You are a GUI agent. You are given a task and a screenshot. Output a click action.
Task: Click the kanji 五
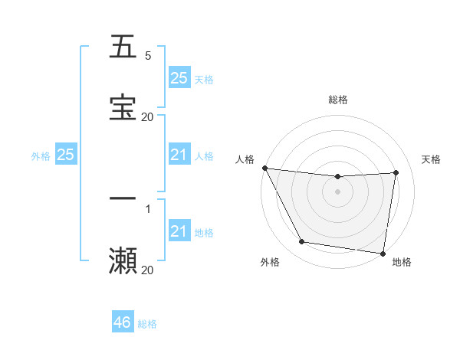click(123, 47)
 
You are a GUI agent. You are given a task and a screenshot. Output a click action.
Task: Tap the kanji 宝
click(123, 106)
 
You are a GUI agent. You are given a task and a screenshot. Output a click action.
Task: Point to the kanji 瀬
click(123, 260)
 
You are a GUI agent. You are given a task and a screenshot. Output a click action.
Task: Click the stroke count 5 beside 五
click(147, 56)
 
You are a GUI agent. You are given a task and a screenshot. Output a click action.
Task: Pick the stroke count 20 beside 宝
click(147, 116)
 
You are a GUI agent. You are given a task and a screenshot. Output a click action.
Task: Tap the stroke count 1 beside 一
click(147, 208)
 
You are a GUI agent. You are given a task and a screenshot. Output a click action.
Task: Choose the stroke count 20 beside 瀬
click(147, 270)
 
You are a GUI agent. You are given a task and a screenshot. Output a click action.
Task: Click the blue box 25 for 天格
click(179, 78)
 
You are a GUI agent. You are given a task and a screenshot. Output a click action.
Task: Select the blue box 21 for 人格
click(179, 155)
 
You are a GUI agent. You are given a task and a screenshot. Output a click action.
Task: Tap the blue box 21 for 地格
click(179, 231)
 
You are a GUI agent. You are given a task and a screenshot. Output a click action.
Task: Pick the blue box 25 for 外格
click(65, 155)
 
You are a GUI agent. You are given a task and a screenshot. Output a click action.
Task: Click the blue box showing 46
click(123, 323)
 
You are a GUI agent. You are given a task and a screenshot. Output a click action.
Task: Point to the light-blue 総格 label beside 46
click(147, 324)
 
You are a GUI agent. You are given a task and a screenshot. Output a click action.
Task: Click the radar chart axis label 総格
click(338, 100)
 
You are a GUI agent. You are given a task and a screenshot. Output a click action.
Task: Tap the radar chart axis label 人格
click(245, 159)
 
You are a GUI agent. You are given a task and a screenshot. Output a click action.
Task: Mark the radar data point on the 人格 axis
click(264, 168)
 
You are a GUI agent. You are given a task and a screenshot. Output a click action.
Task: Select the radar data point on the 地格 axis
click(383, 253)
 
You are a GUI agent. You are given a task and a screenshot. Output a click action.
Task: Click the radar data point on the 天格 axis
click(396, 172)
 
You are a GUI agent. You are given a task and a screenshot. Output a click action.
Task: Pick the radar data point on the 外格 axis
click(301, 243)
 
